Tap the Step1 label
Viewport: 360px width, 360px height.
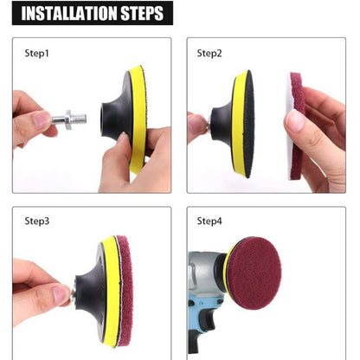[x=37, y=53]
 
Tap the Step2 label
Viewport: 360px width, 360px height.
[x=209, y=53]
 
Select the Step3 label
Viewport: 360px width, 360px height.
[x=37, y=221]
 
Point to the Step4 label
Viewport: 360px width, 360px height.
[x=209, y=221]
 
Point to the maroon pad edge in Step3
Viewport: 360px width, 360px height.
[x=121, y=290]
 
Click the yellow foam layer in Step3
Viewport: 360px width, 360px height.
[x=106, y=290]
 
